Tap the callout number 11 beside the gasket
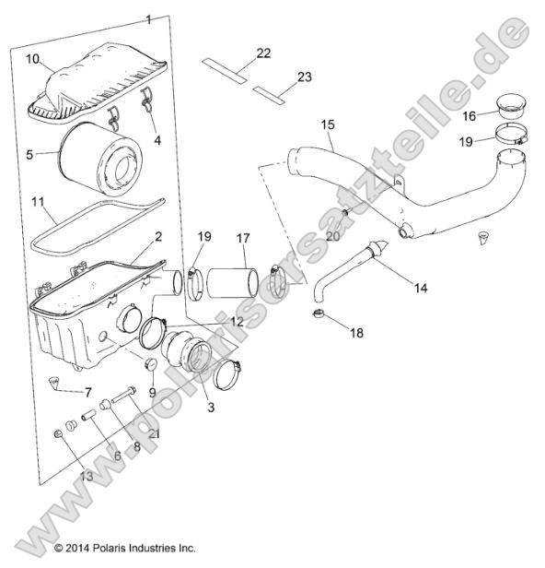pyautogui.click(x=38, y=201)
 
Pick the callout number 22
pyautogui.click(x=262, y=53)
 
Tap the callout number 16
pyautogui.click(x=470, y=115)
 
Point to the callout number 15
pyautogui.click(x=327, y=123)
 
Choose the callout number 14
pyautogui.click(x=420, y=288)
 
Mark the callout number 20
pyautogui.click(x=332, y=234)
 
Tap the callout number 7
pyautogui.click(x=88, y=392)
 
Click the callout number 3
pyautogui.click(x=210, y=407)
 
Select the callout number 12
pyautogui.click(x=238, y=322)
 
